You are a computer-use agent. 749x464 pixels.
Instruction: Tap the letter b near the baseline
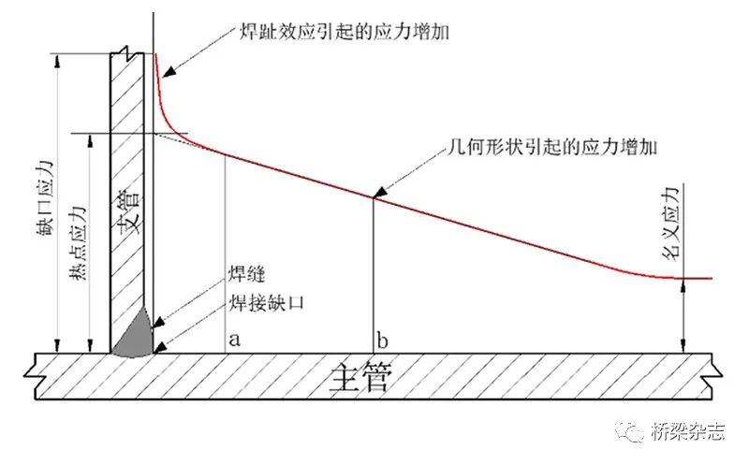point(381,338)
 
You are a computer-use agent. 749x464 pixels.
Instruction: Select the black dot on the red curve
point(374,196)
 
